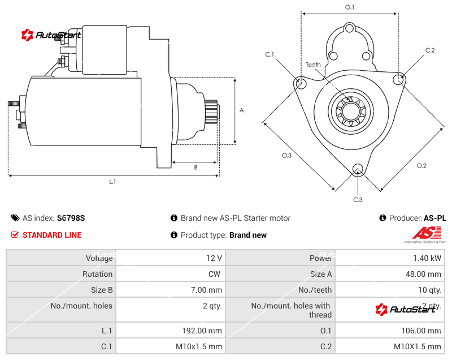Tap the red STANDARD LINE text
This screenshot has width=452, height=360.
pos(51,235)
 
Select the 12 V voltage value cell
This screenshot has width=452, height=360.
pos(214,258)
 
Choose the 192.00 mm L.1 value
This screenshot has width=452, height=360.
pos(201,331)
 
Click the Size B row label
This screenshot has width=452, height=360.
pos(102,290)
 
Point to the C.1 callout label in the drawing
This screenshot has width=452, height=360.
pos(270,54)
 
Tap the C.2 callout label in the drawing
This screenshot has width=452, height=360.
pos(430,50)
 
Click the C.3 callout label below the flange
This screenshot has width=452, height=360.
pos(358,199)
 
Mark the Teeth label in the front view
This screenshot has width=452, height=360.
pos(313,65)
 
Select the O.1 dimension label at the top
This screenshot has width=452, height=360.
pos(350,7)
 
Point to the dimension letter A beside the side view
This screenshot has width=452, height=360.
pos(241,110)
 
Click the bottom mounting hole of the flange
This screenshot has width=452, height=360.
pos(357,169)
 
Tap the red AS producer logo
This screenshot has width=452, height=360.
pos(423,232)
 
